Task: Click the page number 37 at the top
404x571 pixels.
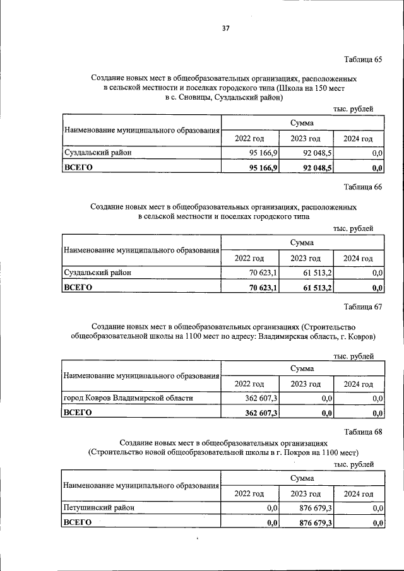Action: tap(225, 28)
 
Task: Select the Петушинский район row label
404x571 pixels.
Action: tap(98, 507)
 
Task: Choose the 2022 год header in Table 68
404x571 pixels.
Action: tap(249, 493)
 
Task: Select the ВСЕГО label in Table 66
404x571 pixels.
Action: tap(78, 288)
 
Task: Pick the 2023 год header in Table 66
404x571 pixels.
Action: tap(306, 258)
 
